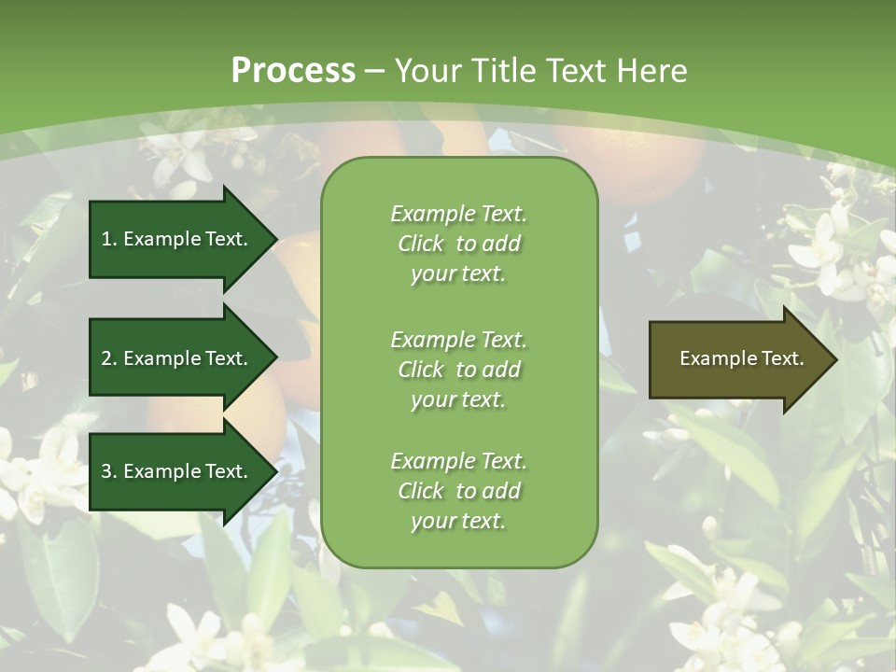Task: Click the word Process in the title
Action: pos(293,71)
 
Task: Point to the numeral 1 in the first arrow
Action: pos(106,239)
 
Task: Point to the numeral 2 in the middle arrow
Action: pos(106,358)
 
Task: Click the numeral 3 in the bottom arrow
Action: pos(106,471)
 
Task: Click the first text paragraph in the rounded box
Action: pos(458,244)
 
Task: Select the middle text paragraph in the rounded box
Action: pos(458,369)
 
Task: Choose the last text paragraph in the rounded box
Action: pos(458,491)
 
